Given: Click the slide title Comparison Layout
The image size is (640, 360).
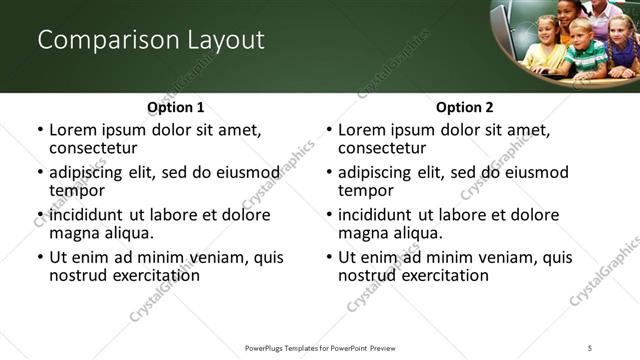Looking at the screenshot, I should point(151,40).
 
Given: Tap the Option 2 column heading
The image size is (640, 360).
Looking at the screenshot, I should point(465,107).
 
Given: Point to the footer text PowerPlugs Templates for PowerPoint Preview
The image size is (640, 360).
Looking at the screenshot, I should point(320,347).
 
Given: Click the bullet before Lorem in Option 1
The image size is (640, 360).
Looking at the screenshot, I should point(39,130).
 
